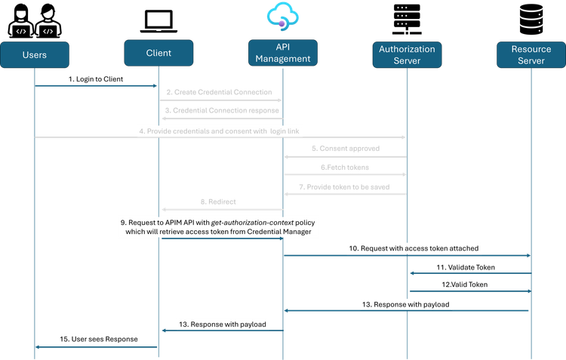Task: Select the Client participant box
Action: (158, 53)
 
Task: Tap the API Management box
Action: (281, 54)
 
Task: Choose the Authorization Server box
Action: (408, 54)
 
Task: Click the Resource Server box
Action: (531, 54)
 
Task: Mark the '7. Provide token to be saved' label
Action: (346, 186)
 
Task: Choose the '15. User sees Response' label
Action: (98, 340)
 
